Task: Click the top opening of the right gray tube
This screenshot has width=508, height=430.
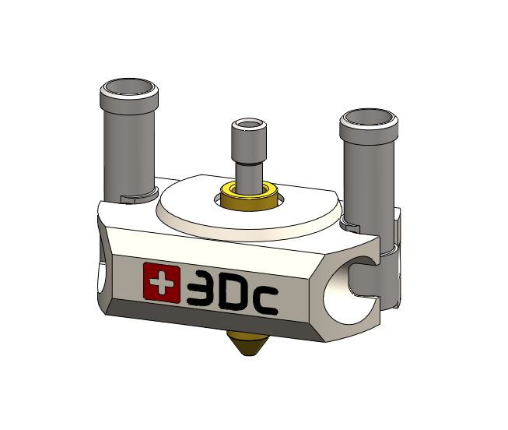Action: click(370, 118)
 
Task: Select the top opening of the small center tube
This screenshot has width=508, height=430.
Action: click(249, 125)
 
